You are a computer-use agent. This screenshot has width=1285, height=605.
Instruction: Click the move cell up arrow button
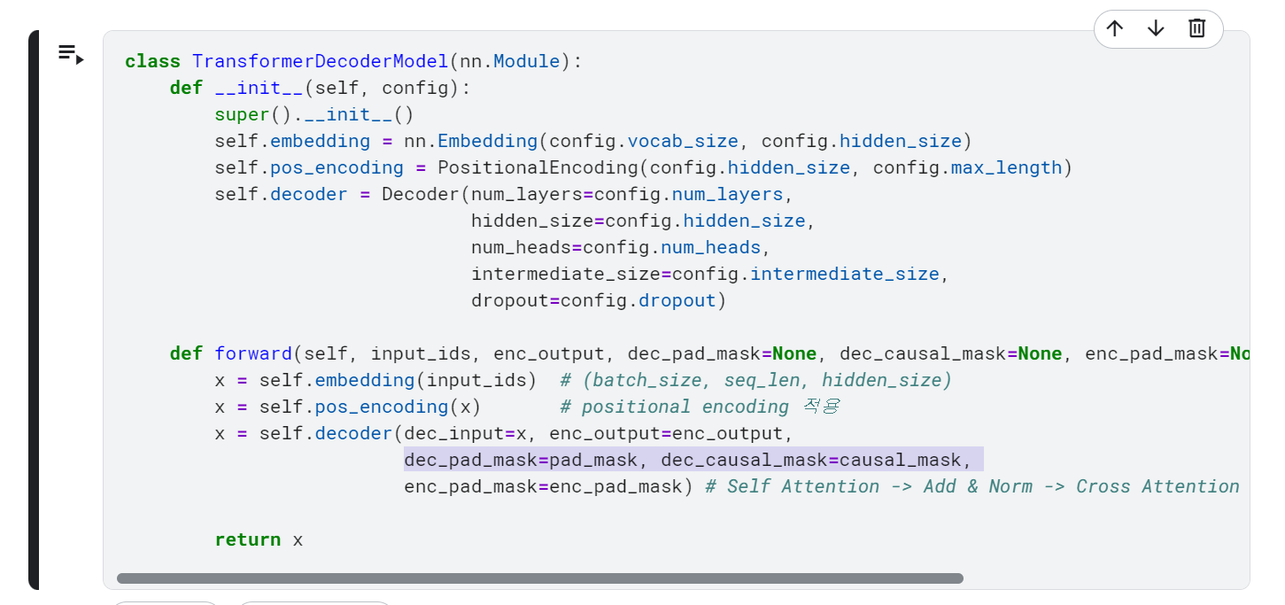pyautogui.click(x=1115, y=28)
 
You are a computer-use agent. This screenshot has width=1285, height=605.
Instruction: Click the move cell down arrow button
pyautogui.click(x=1156, y=28)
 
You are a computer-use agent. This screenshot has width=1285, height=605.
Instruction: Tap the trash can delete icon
pyautogui.click(x=1196, y=28)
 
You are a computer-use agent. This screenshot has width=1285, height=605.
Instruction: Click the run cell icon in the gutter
pyautogui.click(x=71, y=55)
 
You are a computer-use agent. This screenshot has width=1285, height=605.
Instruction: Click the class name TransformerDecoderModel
pyautogui.click(x=320, y=61)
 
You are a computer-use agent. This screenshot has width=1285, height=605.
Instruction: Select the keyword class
pyautogui.click(x=152, y=61)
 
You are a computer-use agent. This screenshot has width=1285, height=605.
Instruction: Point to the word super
pyautogui.click(x=242, y=115)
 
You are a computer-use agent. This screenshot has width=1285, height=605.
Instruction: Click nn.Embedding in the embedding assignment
pyautogui.click(x=470, y=141)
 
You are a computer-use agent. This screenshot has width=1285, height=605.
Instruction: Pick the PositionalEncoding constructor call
pyautogui.click(x=538, y=167)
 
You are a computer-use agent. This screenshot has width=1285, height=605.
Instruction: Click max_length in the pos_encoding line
pyautogui.click(x=1006, y=167)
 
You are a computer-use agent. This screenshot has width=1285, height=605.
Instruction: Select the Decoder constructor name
pyautogui.click(x=421, y=195)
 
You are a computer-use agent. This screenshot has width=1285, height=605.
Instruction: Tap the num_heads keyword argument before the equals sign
pyautogui.click(x=521, y=247)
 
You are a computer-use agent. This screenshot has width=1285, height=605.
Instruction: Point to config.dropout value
pyautogui.click(x=638, y=301)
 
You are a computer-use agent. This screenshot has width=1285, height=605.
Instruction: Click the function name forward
pyautogui.click(x=253, y=353)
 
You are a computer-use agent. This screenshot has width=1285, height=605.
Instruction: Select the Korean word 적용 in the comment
pyautogui.click(x=822, y=407)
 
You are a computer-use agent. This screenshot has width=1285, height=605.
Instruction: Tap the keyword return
pyautogui.click(x=248, y=539)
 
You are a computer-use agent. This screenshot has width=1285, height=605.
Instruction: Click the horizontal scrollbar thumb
pyautogui.click(x=540, y=578)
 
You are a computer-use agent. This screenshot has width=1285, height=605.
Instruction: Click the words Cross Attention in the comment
pyautogui.click(x=1157, y=486)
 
